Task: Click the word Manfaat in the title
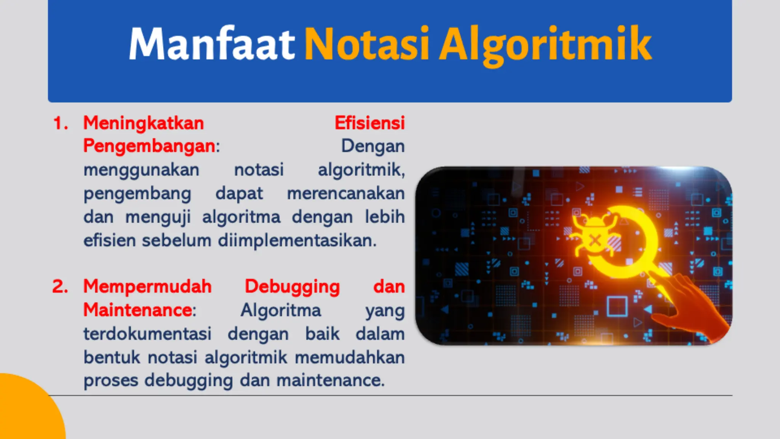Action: [212, 44]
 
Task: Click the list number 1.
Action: [60, 123]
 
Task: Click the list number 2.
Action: [60, 287]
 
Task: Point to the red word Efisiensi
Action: [369, 123]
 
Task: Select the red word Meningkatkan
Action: [144, 123]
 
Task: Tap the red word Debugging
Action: [292, 287]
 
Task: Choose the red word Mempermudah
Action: [147, 287]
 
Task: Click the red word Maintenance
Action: [137, 310]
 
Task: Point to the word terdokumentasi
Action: [147, 334]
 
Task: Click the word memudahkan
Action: [350, 357]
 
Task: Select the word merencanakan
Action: [345, 194]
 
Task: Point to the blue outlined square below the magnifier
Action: [617, 306]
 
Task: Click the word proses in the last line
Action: [110, 381]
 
